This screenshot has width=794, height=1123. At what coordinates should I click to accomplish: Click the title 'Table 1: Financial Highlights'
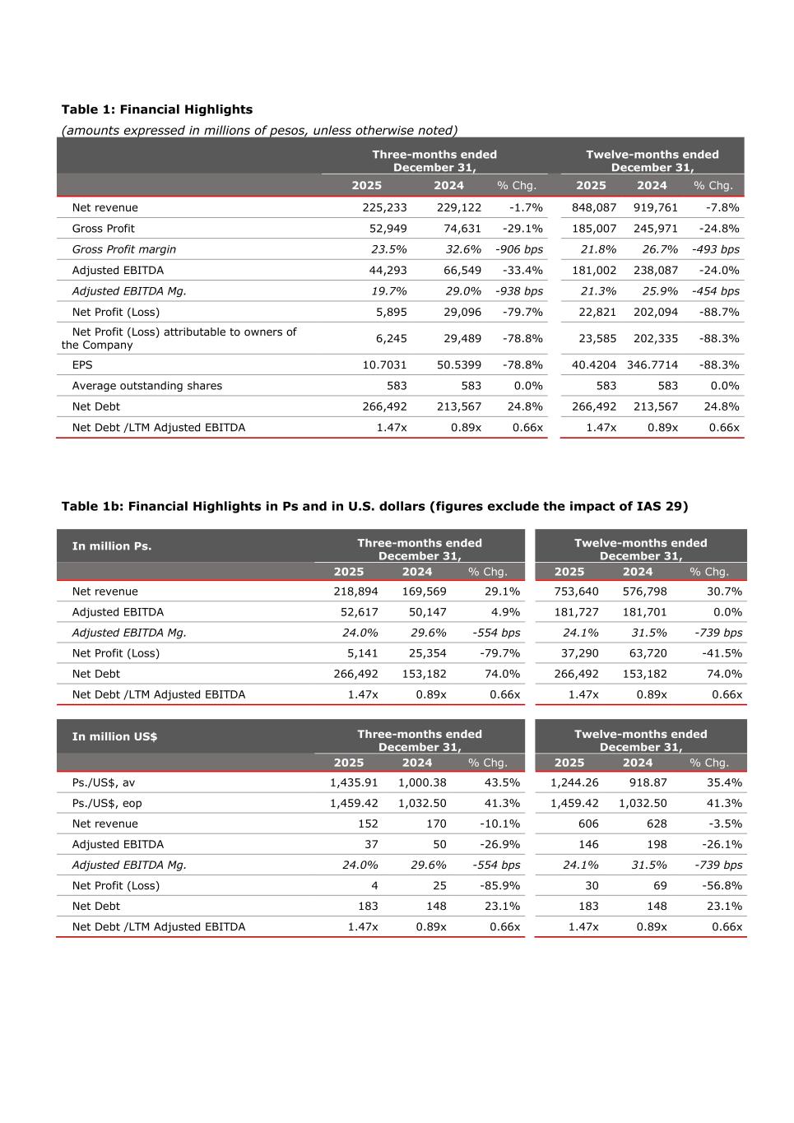pos(157,109)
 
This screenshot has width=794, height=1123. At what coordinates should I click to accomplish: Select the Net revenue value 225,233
pos(384,208)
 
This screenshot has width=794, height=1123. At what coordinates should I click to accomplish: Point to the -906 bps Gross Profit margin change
pos(518,249)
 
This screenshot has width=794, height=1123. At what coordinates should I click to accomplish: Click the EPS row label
pos(82,365)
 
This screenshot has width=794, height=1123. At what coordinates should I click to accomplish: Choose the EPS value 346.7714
pos(652,365)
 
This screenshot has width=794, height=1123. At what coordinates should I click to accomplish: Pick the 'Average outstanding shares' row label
pos(146,386)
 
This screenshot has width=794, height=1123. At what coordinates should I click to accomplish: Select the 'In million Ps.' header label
pos(112,546)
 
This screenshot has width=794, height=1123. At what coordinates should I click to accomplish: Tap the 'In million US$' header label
pos(114,737)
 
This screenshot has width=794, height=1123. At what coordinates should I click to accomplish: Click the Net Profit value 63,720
pos(644,653)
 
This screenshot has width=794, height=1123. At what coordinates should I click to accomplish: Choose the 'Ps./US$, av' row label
pos(104,783)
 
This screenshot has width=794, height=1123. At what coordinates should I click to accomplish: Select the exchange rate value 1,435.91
pos(354,783)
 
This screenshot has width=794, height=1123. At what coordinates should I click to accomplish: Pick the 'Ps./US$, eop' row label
pos(107,804)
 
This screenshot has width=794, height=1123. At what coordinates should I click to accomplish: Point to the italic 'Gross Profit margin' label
pos(123,249)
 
